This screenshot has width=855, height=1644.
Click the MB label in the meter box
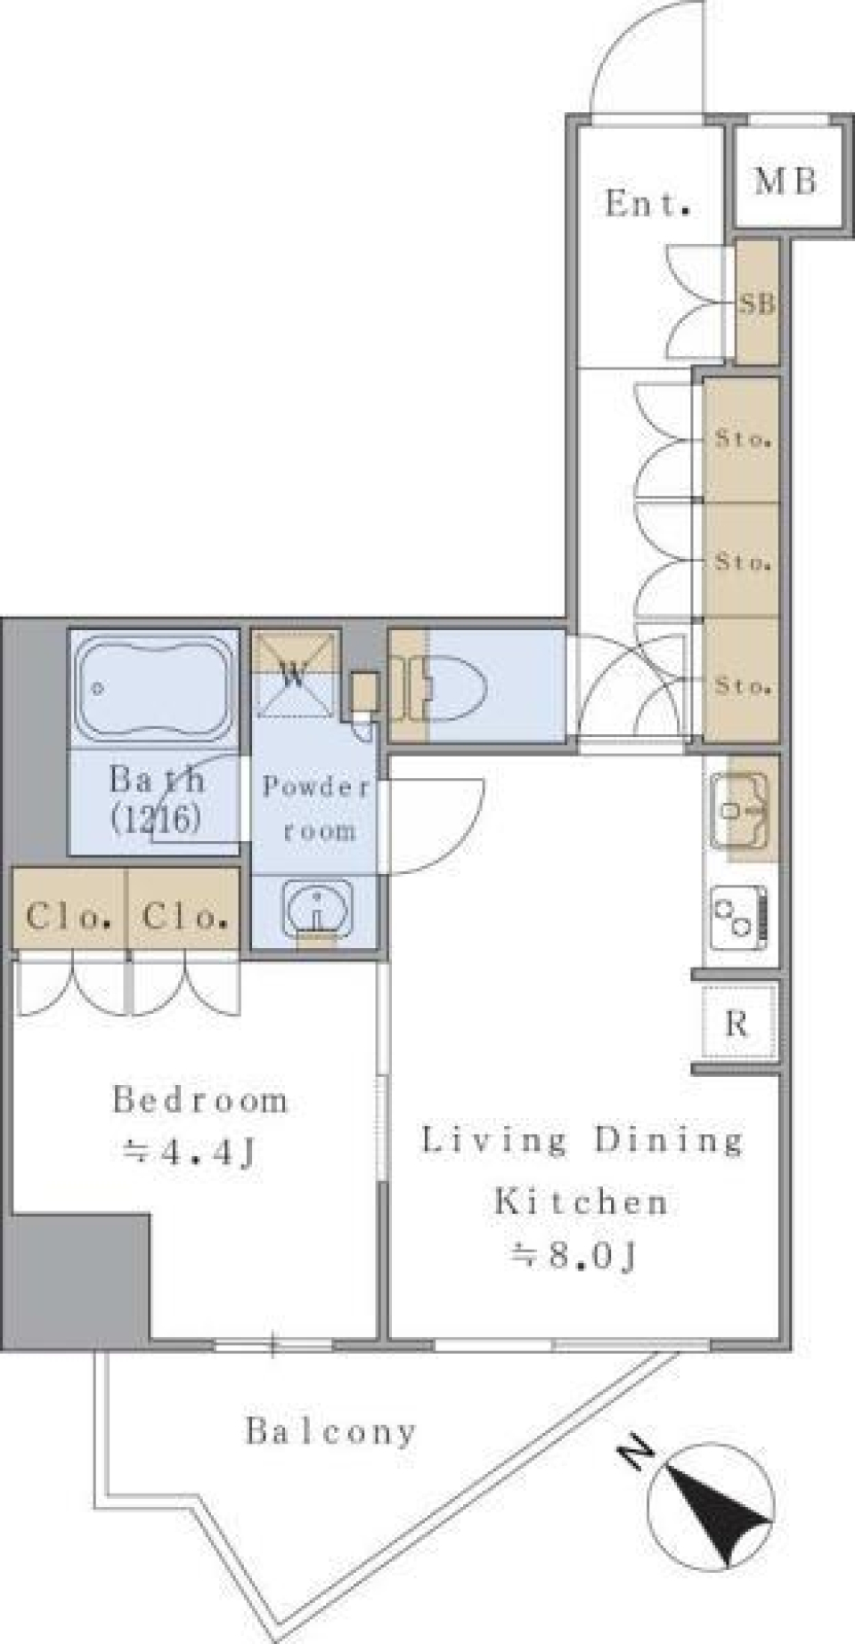(785, 181)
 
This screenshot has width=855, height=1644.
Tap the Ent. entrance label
(648, 204)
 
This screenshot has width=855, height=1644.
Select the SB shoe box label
(757, 304)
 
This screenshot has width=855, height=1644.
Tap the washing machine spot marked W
(295, 674)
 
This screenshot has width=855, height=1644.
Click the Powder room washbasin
(316, 908)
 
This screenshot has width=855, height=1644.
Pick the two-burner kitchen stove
(739, 914)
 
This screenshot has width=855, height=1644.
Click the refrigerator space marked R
(737, 1024)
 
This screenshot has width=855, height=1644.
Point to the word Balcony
(331, 1432)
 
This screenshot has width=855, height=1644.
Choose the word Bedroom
(199, 1100)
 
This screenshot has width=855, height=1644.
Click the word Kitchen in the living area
(582, 1202)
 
